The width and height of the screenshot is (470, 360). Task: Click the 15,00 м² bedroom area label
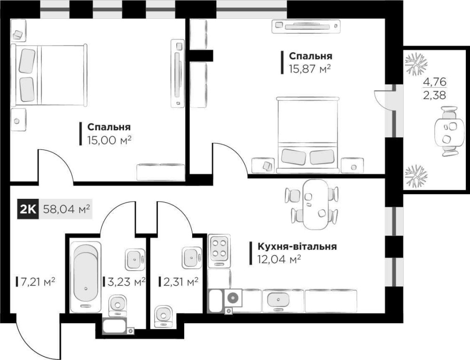tap(110, 140)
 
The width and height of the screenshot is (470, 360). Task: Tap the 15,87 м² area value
tap(310, 69)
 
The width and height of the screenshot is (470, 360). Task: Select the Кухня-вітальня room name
tap(297, 246)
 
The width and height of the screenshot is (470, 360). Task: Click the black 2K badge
tap(28, 209)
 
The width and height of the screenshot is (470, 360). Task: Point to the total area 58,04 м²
tap(67, 209)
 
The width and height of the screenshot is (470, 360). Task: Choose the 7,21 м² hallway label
tap(37, 282)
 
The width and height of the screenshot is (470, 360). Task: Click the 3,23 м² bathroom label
tap(126, 282)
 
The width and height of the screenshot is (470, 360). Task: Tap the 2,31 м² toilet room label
tap(181, 282)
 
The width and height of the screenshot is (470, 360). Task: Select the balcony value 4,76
tap(435, 81)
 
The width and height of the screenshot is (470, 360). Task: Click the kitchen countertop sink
tap(278, 299)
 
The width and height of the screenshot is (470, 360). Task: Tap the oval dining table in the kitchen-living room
tap(315, 204)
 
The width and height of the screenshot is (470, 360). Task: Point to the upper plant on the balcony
tap(415, 63)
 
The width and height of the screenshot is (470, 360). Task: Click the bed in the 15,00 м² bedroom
tap(49, 75)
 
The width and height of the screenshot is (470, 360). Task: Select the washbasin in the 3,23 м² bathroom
tap(135, 259)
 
